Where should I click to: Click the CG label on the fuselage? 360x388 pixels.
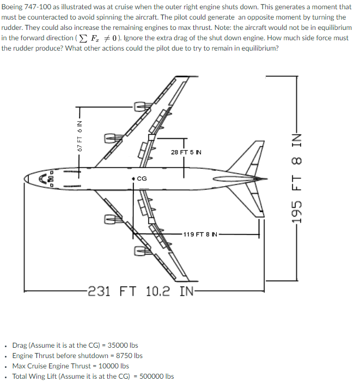point(142,178)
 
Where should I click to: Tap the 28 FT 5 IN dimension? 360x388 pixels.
point(186,152)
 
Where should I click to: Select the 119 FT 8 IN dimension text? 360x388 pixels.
point(201,235)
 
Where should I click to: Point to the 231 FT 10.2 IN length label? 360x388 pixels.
point(141,291)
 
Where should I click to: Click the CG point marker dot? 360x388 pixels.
point(133,178)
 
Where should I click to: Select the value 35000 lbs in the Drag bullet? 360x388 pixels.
point(123,345)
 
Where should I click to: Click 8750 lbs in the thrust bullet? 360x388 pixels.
point(130,355)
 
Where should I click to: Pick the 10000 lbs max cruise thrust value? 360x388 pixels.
point(116,366)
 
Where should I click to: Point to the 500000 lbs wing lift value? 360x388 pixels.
point(157,376)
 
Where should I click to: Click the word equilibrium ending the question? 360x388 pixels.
point(261,48)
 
